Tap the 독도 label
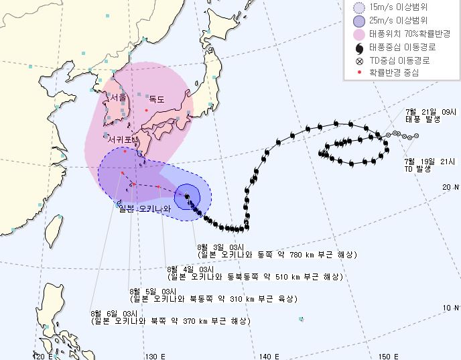[157, 98]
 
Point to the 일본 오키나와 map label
[145, 209]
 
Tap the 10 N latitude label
[451, 308]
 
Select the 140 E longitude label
[270, 355]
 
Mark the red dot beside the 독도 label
[146, 109]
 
